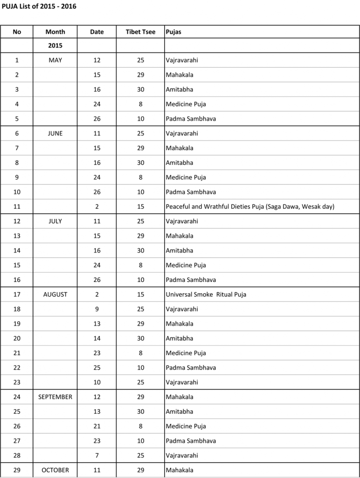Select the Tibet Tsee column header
(x=140, y=32)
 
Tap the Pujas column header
(x=173, y=32)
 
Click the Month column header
(x=55, y=32)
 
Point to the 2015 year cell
(x=55, y=46)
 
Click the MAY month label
(x=55, y=60)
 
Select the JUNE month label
(x=55, y=134)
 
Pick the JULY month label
(x=55, y=221)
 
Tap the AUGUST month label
(x=55, y=295)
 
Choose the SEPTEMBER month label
(x=55, y=397)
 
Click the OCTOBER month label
(x=55, y=470)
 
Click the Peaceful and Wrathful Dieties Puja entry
(x=250, y=206)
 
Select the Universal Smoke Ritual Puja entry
(x=206, y=295)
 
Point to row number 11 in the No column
(x=17, y=206)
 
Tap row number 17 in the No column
(x=17, y=295)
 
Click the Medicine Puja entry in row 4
(x=186, y=104)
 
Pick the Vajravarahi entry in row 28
(x=182, y=455)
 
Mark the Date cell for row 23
(x=97, y=382)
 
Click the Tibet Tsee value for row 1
(x=140, y=60)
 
